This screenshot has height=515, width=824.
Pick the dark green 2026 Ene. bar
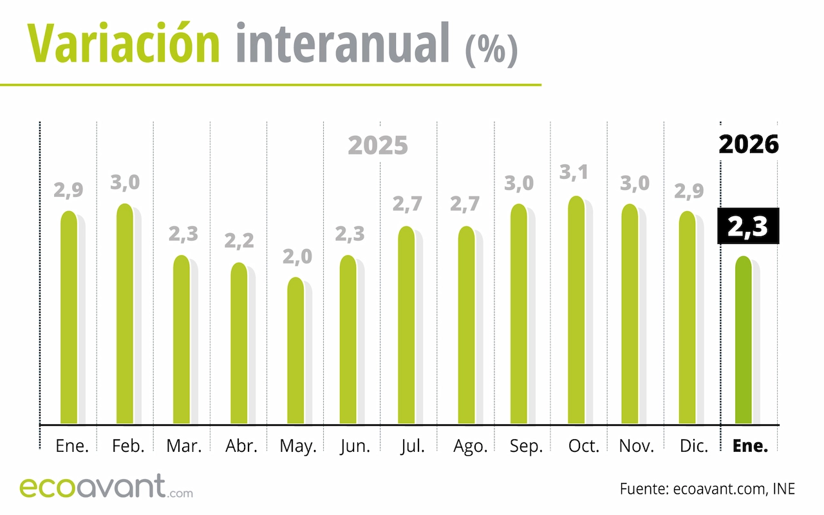(x=744, y=341)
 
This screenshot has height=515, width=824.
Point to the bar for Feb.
(x=125, y=315)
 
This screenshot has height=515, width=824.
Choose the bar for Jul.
(x=407, y=326)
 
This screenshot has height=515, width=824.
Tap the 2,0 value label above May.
(x=296, y=257)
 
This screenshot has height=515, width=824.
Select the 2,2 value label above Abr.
(x=239, y=241)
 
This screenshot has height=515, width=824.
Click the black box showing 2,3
(x=748, y=226)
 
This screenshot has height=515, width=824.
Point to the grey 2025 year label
(x=378, y=146)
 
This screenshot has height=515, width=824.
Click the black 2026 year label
(x=749, y=144)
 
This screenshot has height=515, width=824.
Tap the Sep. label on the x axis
(x=526, y=446)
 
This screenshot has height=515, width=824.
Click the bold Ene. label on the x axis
(x=751, y=446)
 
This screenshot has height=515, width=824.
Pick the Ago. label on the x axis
(x=470, y=446)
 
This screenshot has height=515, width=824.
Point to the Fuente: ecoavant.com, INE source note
(x=707, y=489)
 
